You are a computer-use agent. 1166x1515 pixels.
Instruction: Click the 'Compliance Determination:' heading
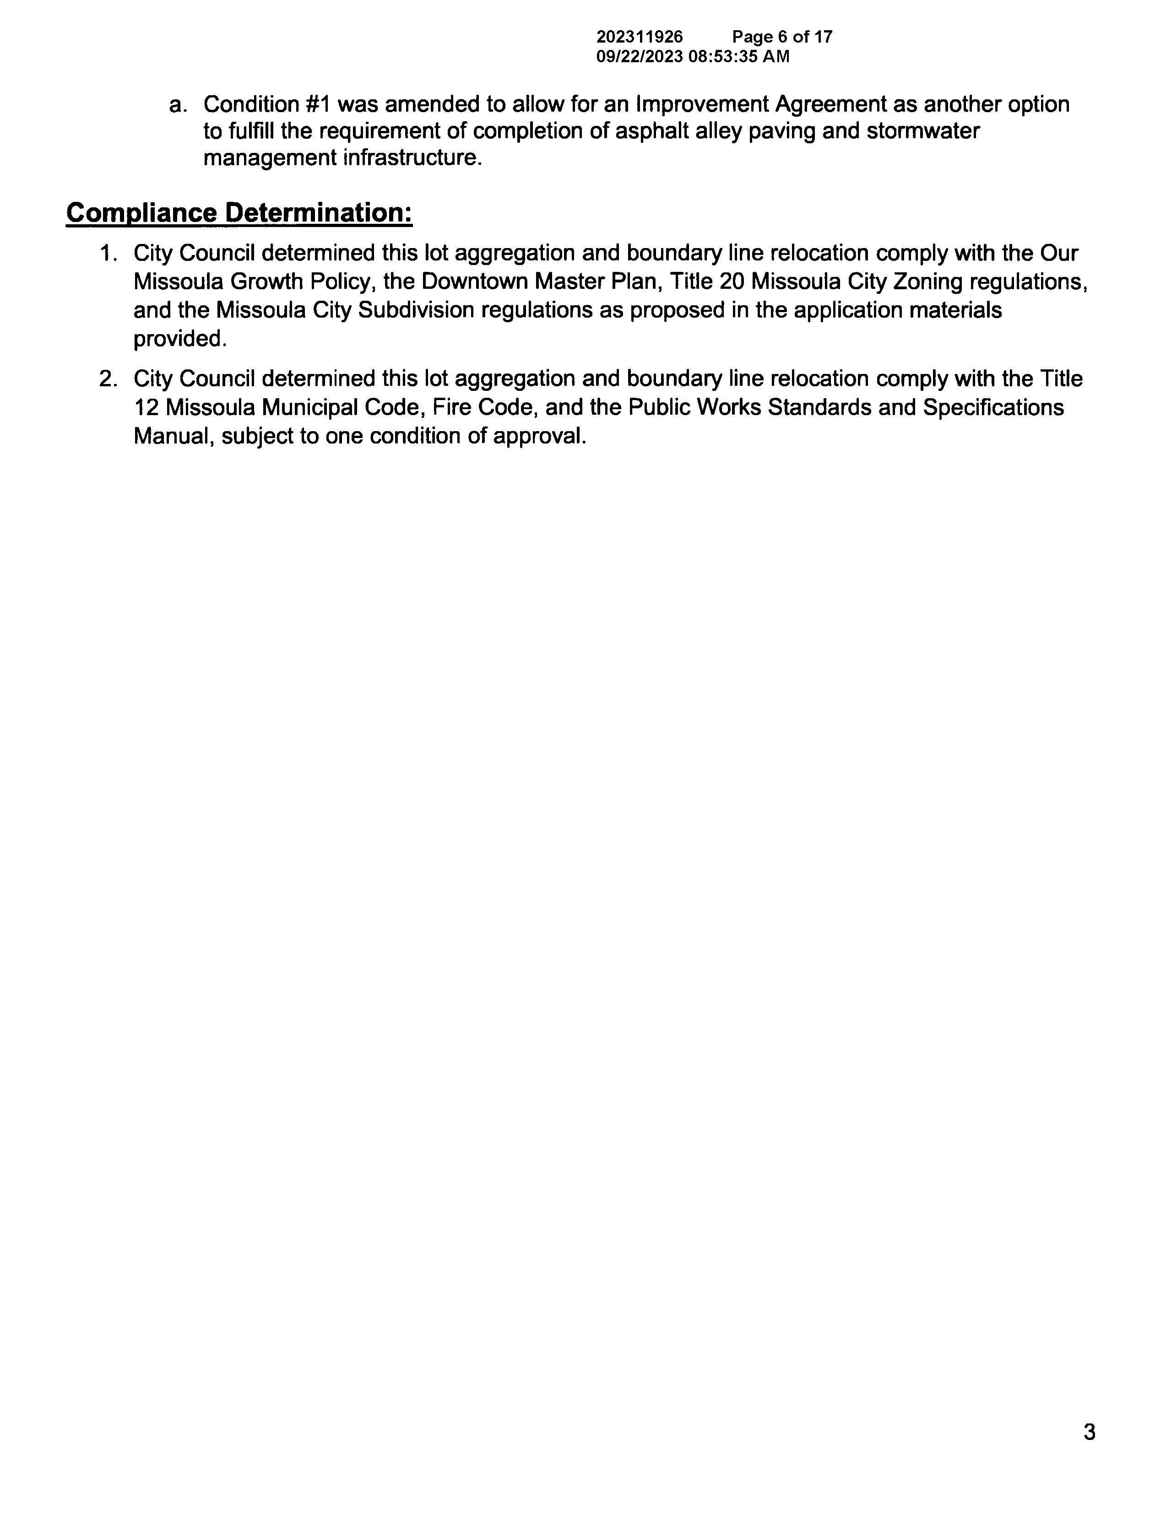(239, 213)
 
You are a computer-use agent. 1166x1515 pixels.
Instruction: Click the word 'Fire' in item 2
(451, 407)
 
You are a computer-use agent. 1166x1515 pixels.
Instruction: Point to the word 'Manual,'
(174, 436)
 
